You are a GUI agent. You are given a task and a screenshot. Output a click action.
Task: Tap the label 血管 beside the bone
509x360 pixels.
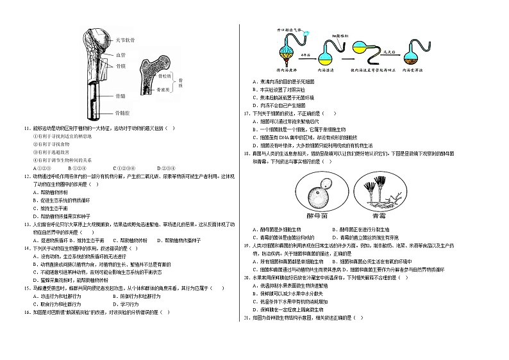(120, 55)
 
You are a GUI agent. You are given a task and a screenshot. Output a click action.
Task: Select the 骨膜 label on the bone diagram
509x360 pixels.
(120, 65)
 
